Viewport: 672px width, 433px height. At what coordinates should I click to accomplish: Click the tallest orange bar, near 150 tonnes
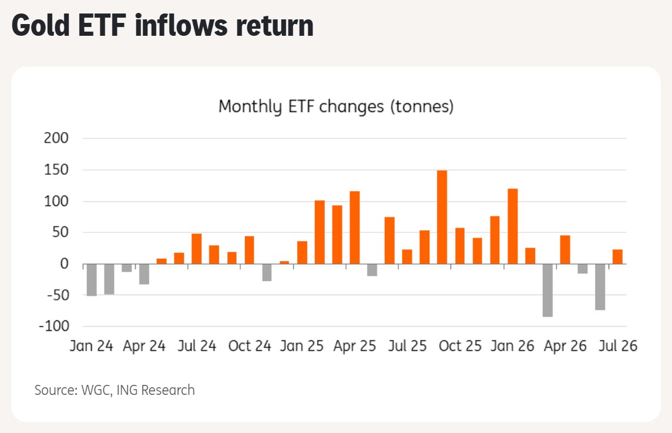coord(442,217)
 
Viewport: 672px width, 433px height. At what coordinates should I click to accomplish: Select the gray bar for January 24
coord(92,280)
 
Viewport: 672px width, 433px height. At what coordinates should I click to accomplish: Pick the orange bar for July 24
coord(197,249)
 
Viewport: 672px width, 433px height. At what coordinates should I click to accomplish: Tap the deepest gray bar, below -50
coord(547,290)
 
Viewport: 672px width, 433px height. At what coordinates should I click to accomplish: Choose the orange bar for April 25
coord(354,228)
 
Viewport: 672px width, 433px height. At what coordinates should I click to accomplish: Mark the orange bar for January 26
coord(513,226)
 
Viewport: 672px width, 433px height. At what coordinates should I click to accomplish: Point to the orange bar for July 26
coord(617,257)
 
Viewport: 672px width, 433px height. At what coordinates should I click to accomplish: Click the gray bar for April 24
coord(144,274)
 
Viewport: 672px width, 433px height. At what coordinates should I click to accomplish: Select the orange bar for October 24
coord(250,250)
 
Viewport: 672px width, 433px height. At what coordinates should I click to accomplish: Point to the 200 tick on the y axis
coord(56,138)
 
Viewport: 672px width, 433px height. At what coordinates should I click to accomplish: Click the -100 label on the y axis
coord(54,326)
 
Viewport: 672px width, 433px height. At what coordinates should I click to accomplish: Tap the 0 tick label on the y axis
coord(64,264)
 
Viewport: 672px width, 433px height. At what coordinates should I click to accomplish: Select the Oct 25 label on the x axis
coord(460,346)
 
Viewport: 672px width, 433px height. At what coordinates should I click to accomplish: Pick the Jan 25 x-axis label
coord(302,346)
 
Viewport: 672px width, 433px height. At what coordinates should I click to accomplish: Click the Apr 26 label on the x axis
coord(565,346)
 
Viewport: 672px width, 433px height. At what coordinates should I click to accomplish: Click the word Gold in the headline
coord(41,26)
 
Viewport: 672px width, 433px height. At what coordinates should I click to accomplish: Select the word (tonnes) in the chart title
coord(422,107)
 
